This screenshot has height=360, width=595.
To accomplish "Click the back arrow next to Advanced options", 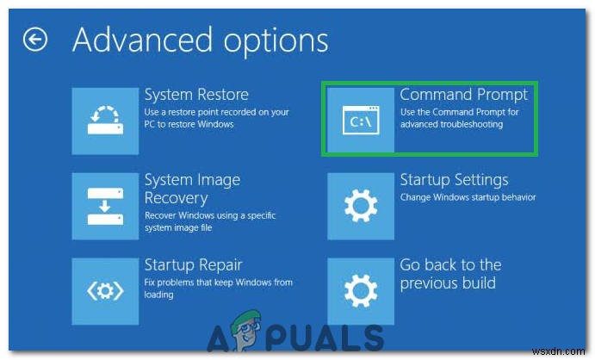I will (x=35, y=40).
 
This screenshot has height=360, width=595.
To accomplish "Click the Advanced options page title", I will (x=201, y=40).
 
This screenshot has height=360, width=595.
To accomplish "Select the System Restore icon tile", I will (x=105, y=120).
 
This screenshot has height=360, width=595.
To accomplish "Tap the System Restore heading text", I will (x=196, y=95).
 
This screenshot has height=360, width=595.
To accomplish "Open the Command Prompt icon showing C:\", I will (x=361, y=121).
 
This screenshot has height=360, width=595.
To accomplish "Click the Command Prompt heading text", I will (x=464, y=93).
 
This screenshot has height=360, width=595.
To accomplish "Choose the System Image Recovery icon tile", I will (x=105, y=205).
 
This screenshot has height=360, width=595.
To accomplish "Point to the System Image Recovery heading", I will (x=192, y=189).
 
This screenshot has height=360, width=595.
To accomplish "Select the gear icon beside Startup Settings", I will (x=361, y=205).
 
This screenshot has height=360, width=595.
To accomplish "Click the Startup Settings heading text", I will (x=454, y=180).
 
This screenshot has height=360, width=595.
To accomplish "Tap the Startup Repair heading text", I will (x=193, y=264).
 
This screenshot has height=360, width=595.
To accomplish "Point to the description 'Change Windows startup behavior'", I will (x=468, y=197).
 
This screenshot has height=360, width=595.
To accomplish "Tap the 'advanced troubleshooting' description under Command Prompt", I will (x=451, y=125).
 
